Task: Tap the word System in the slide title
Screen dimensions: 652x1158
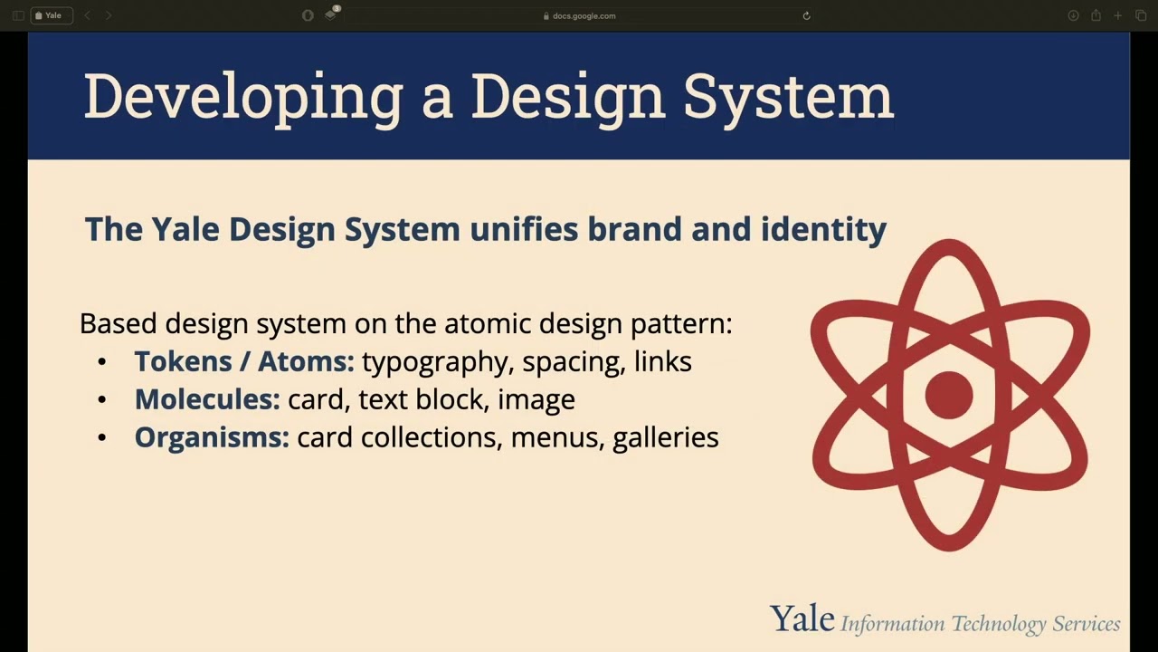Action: point(788,96)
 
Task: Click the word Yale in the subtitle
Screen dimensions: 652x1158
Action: point(185,229)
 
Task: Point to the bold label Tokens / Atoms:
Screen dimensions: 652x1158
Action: point(244,361)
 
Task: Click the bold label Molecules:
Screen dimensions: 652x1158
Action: point(207,399)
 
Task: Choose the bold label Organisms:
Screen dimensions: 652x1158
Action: point(212,437)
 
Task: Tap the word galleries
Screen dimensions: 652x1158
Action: point(666,437)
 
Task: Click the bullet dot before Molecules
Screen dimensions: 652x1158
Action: point(101,400)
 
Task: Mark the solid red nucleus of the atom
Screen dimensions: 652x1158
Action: point(949,395)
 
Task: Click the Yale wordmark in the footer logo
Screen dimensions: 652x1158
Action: point(802,619)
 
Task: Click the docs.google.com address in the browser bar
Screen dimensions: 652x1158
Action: point(584,15)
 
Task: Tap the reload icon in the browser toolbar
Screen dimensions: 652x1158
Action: point(806,15)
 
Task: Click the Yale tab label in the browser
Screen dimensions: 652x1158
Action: point(53,15)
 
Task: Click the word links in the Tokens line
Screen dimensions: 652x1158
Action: point(662,361)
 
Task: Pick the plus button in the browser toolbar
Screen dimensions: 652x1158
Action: point(1118,15)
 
